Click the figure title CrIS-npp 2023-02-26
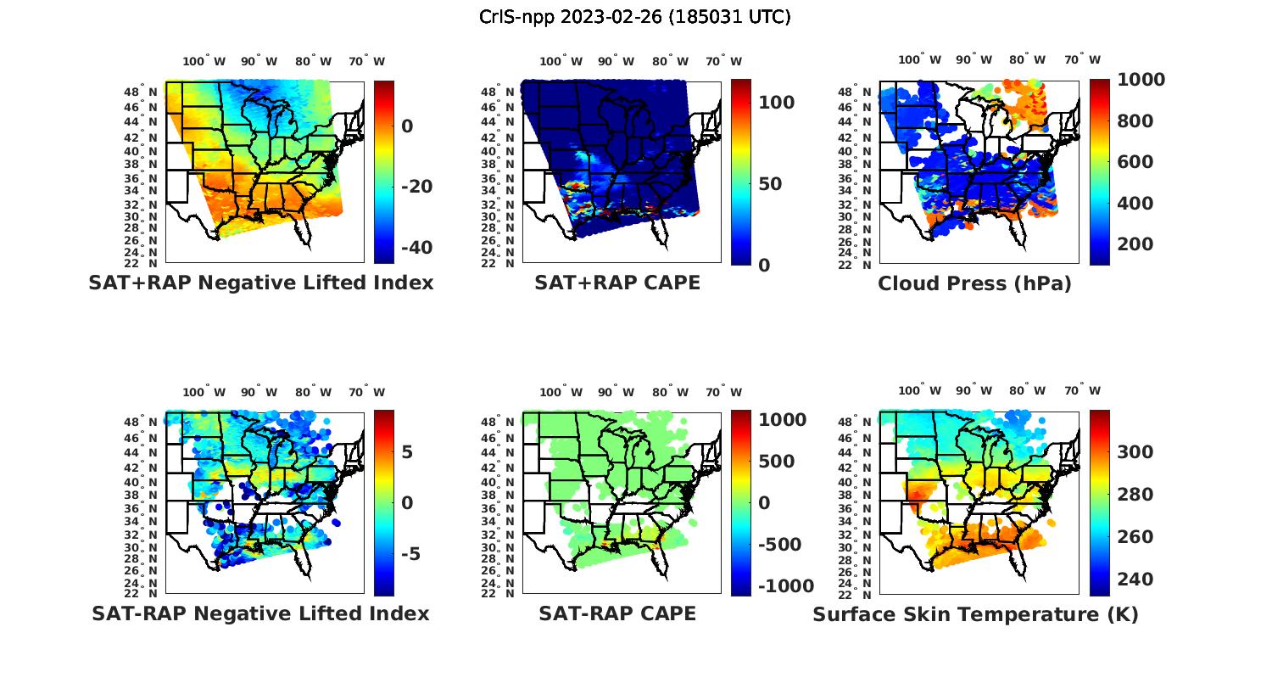tap(634, 17)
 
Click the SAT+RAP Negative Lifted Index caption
tap(261, 283)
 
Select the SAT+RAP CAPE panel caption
tap(617, 283)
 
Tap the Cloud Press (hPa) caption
tap(974, 283)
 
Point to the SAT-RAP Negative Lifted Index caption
tap(260, 613)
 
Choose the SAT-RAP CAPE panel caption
tap(617, 613)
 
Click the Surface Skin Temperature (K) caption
tap(975, 614)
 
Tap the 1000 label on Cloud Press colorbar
tap(1141, 80)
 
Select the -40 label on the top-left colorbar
tap(416, 248)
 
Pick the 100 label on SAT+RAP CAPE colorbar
tap(776, 103)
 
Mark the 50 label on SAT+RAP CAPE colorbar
tap(770, 184)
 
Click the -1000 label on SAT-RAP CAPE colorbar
tap(785, 586)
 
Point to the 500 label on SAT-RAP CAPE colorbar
tap(776, 462)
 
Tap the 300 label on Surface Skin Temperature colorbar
tap(1135, 452)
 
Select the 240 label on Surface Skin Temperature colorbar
tap(1135, 580)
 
